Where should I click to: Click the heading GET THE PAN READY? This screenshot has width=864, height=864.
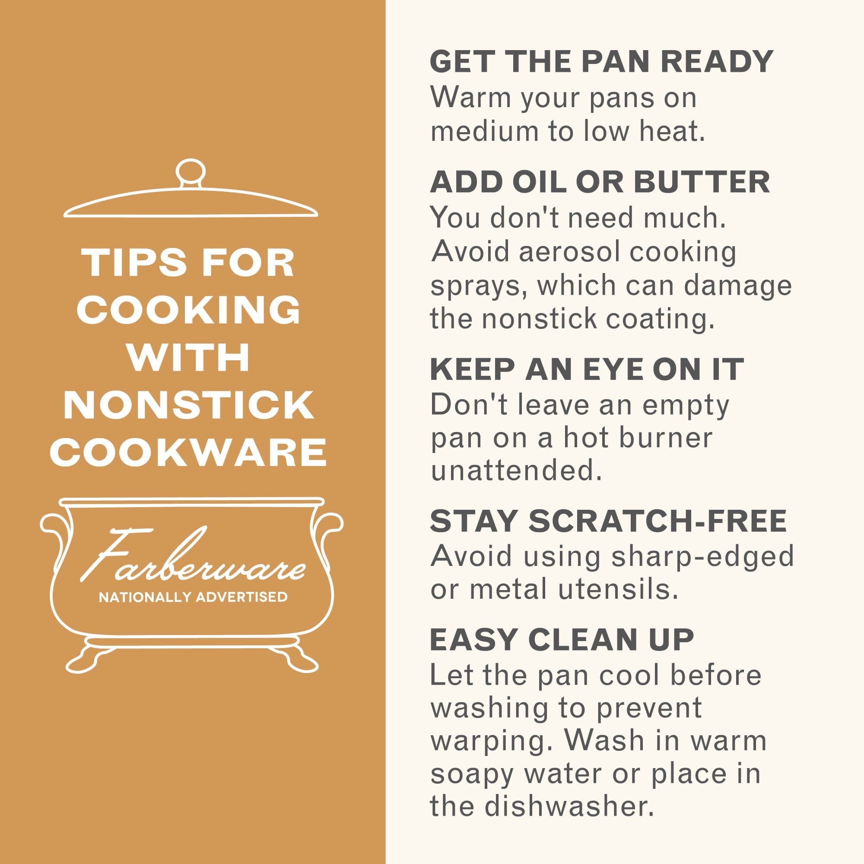[601, 61]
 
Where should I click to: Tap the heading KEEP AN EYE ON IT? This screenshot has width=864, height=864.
[587, 369]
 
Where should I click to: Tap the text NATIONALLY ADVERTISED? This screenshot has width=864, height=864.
[193, 597]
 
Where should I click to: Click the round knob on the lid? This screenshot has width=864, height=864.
[191, 173]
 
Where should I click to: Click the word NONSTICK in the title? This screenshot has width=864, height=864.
[189, 406]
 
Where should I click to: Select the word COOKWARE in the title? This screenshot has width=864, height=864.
[188, 452]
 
